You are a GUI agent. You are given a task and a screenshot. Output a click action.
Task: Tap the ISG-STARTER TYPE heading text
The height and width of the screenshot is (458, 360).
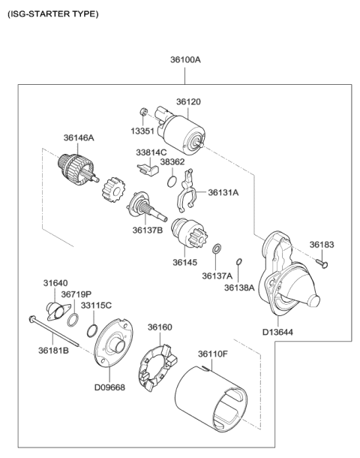pyautogui.click(x=52, y=14)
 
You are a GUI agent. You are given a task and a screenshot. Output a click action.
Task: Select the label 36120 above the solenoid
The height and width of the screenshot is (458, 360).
pyautogui.click(x=188, y=101)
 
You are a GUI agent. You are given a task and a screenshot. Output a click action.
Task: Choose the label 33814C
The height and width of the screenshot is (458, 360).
pyautogui.click(x=151, y=152)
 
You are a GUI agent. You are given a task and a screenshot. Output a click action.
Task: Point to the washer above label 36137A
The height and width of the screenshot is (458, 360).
pyautogui.click(x=216, y=249)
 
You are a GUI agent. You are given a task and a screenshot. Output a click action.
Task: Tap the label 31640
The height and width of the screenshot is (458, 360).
pyautogui.click(x=54, y=283)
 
